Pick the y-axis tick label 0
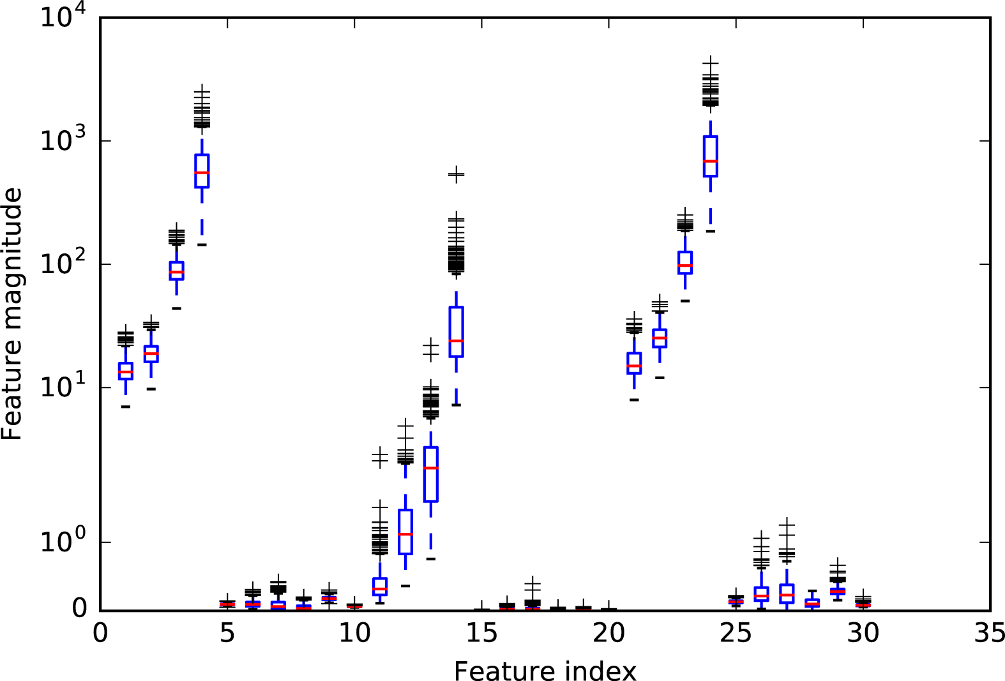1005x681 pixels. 79,608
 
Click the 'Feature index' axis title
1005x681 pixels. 545,671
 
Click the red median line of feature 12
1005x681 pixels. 405,534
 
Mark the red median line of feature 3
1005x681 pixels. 176,272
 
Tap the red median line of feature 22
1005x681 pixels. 660,338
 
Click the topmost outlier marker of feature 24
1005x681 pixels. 711,63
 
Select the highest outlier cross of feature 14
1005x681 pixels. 456,174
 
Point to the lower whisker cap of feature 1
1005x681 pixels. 126,406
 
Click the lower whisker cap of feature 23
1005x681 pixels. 685,301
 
